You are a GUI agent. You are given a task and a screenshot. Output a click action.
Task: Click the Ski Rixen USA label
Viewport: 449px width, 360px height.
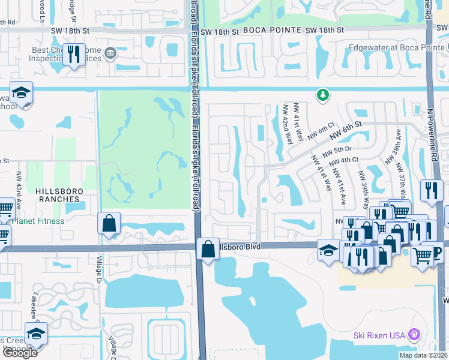379,334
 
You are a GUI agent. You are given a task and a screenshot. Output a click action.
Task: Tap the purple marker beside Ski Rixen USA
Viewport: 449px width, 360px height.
412,334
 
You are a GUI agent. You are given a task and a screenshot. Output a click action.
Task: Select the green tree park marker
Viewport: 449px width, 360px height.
323,95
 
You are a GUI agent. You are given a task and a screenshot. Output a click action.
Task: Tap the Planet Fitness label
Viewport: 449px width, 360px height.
37,221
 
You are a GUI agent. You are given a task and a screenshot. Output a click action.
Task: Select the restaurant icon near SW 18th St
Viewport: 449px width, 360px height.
74,55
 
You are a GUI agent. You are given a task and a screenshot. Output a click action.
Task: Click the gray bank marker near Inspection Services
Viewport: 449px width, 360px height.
110,54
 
